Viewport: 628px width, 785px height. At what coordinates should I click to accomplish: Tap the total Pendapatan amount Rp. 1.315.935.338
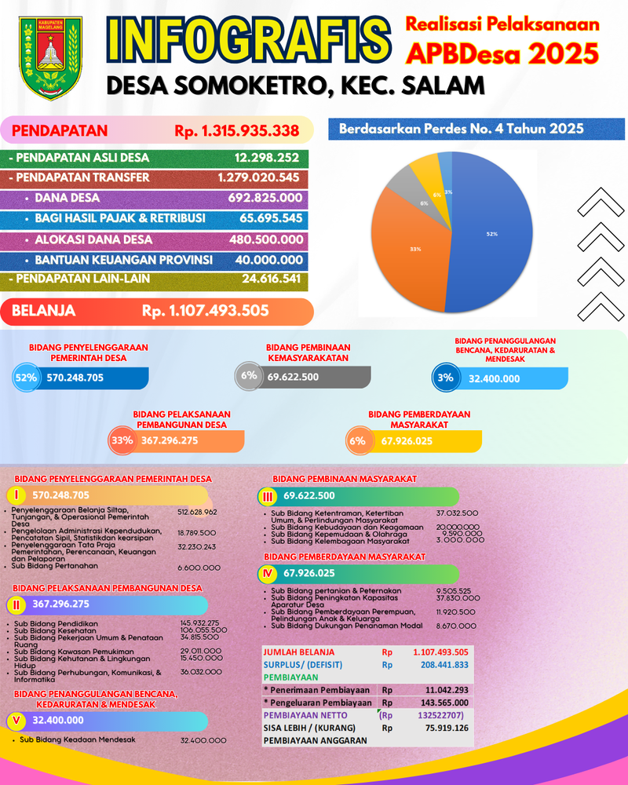click(x=236, y=130)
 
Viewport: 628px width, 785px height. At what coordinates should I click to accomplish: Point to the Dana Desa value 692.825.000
click(x=265, y=198)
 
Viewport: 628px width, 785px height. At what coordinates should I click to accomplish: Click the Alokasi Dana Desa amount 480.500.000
click(x=265, y=239)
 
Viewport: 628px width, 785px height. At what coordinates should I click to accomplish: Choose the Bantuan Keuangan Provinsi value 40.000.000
click(x=268, y=260)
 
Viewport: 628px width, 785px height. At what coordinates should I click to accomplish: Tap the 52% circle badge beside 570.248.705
click(x=26, y=378)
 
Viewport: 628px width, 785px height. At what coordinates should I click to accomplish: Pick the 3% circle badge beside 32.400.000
click(x=445, y=378)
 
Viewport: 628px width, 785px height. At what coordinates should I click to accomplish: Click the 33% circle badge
click(x=122, y=441)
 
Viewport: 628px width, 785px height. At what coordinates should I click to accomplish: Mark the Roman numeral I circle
click(x=16, y=495)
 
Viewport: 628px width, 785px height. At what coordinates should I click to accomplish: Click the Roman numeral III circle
click(x=268, y=496)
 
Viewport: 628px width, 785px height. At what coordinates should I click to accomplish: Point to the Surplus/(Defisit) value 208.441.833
click(x=440, y=664)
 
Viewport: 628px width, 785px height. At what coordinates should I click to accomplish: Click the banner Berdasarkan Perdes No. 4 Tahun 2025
click(x=462, y=129)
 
